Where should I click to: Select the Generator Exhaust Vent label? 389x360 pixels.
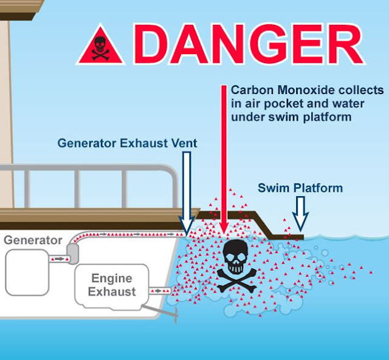tap(127, 144)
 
